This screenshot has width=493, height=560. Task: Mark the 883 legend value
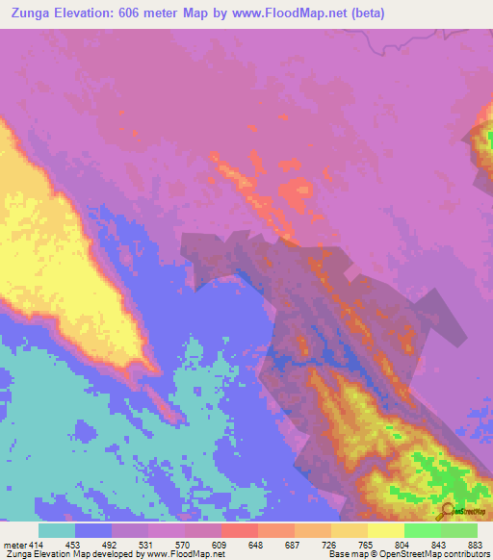tap(477, 544)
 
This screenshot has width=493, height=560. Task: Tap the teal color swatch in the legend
tap(57, 530)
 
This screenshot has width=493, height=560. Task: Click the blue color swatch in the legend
tap(93, 530)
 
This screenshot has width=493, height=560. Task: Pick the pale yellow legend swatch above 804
tap(386, 530)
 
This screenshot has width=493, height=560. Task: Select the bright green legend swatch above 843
tap(423, 530)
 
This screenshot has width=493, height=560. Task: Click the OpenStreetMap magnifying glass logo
tap(448, 511)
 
